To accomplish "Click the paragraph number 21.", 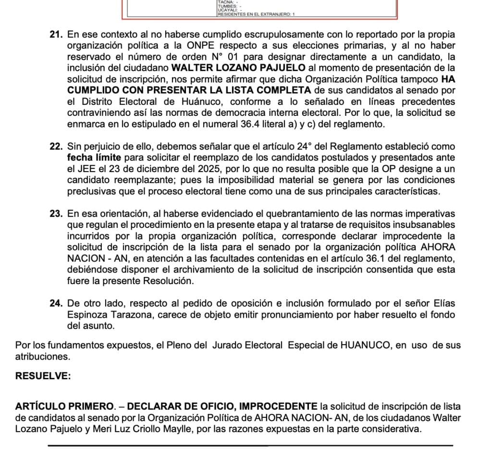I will pos(56,35).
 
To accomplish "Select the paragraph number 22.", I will pos(56,146).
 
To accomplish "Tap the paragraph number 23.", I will pos(56,214).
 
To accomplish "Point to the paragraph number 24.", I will pos(56,303).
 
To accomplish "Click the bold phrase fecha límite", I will pos(94,157).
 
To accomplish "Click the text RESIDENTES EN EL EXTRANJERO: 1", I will pos(256,14).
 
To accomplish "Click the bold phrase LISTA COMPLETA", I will pos(258,90).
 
